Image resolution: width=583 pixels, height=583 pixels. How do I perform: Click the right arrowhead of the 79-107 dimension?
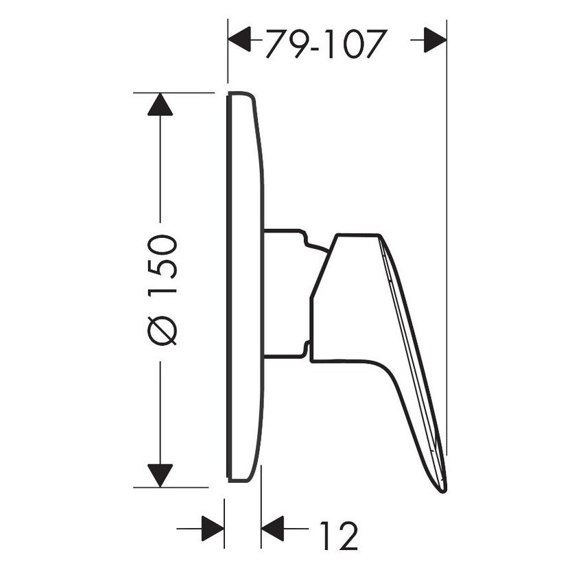click(x=434, y=40)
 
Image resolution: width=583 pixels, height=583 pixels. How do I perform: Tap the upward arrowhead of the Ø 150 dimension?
click(x=160, y=104)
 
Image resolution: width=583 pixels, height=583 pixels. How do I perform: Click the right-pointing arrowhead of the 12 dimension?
click(x=213, y=529)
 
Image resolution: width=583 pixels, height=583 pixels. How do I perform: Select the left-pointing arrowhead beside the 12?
click(x=273, y=529)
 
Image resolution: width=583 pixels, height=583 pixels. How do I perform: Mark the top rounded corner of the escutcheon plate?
click(x=247, y=95)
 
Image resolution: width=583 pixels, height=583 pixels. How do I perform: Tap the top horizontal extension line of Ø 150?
click(x=174, y=93)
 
